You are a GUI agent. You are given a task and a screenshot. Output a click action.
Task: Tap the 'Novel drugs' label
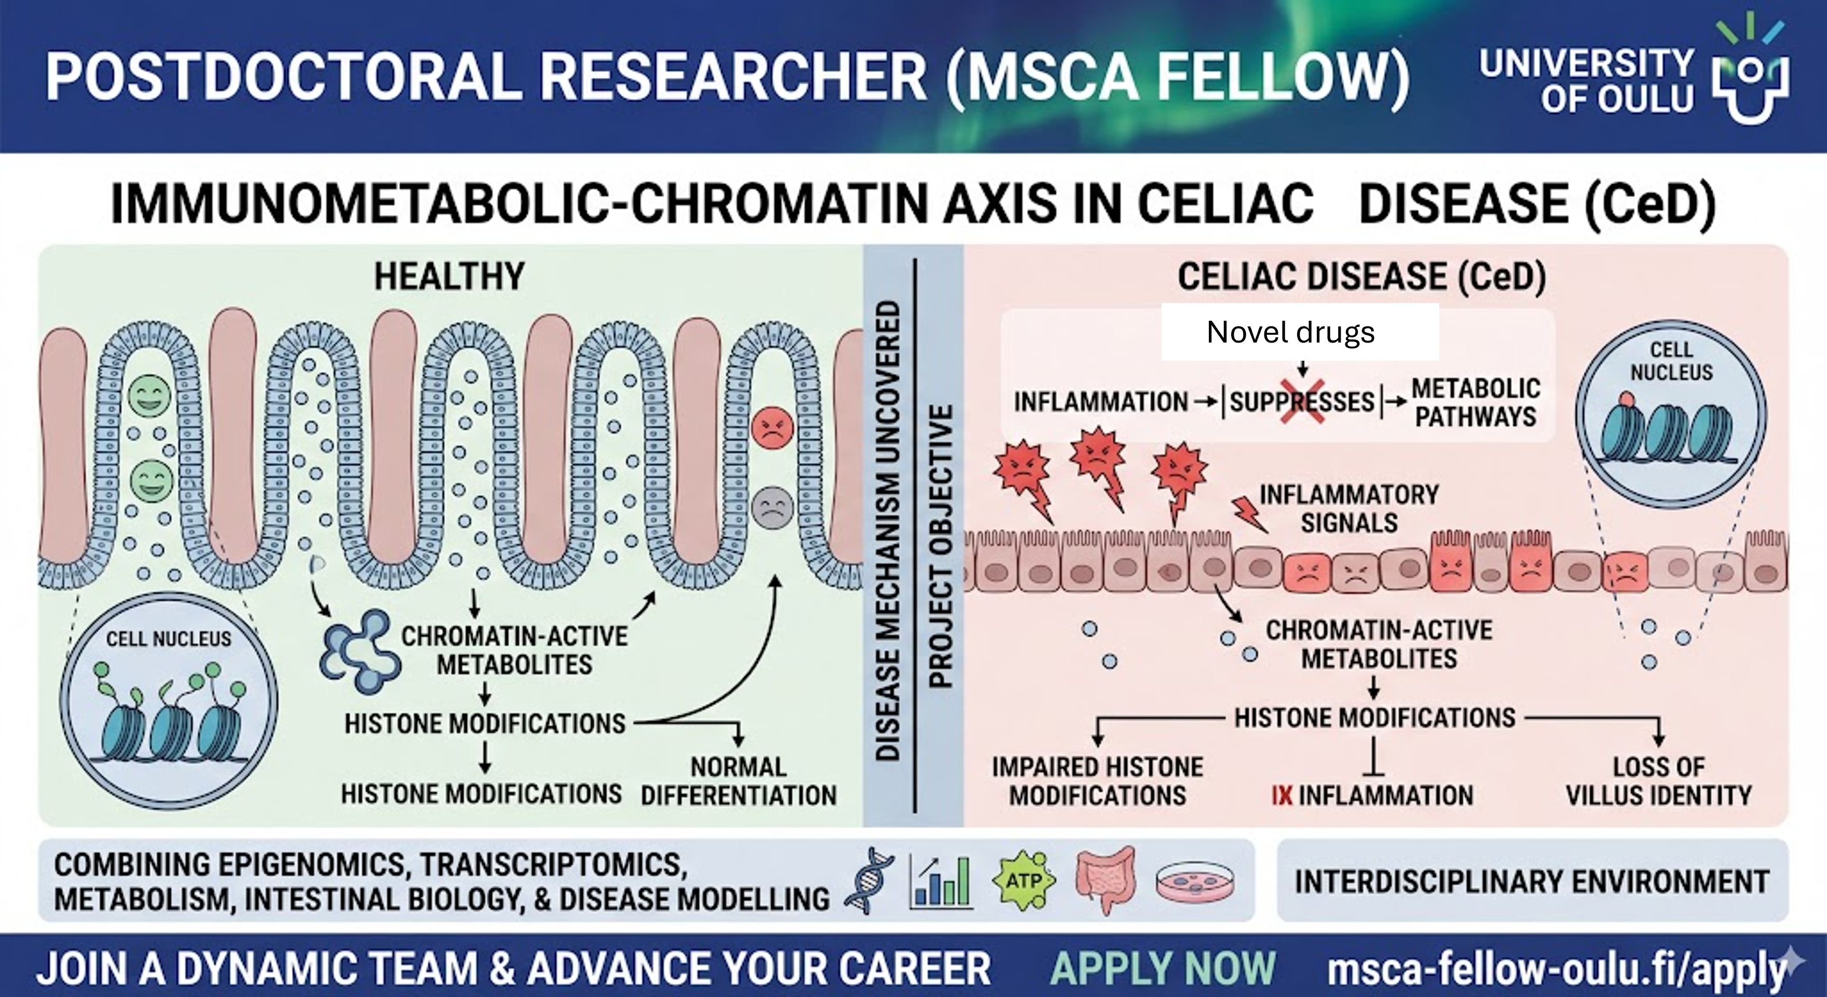click(1291, 332)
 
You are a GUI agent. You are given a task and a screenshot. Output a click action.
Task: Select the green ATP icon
click(1026, 881)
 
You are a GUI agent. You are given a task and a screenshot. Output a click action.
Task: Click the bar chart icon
click(941, 881)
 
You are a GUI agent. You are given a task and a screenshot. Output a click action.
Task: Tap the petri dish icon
click(1194, 883)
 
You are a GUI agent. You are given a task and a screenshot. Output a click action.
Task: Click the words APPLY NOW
click(1163, 968)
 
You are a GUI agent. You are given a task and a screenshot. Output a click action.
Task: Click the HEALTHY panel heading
click(449, 277)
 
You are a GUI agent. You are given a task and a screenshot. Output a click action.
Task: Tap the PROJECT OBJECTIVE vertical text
click(940, 546)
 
